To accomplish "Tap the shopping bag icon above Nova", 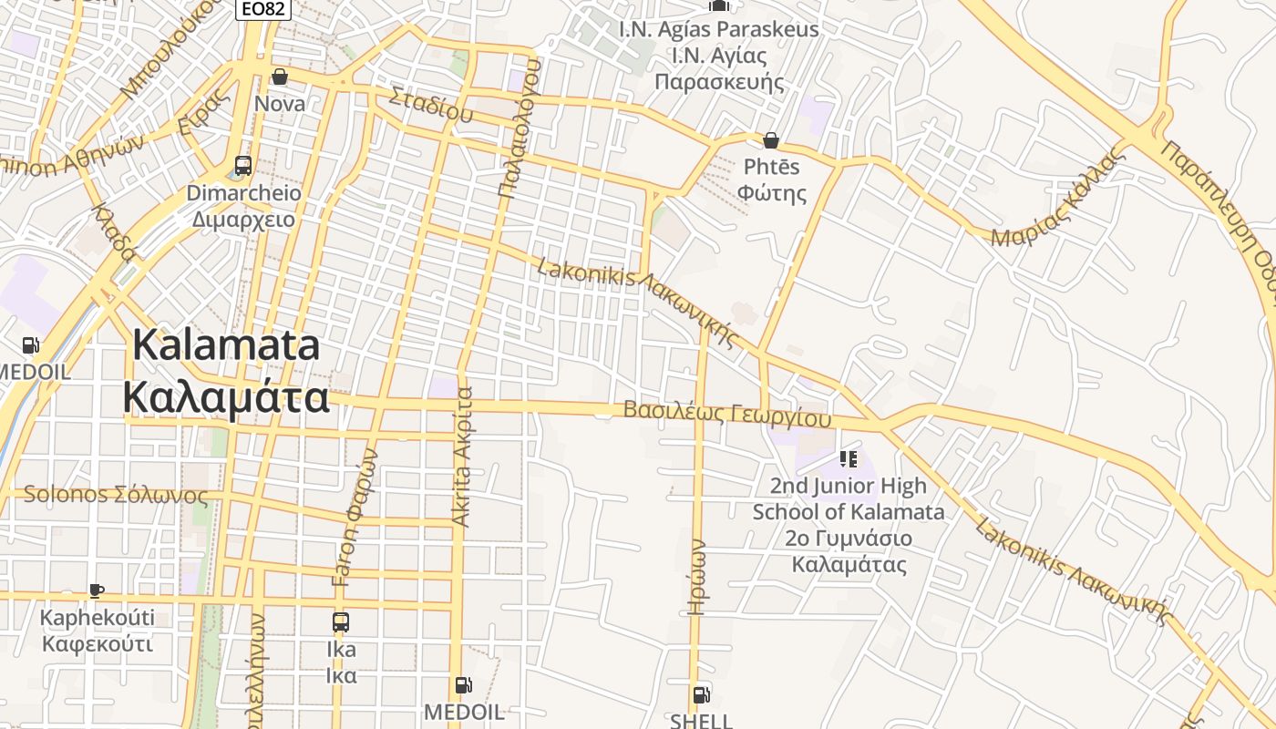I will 280,77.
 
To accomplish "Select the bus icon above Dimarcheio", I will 243,166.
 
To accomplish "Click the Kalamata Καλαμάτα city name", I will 226,371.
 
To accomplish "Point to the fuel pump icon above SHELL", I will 701,695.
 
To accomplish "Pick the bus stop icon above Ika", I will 341,623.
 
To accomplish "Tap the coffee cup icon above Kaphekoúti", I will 97,591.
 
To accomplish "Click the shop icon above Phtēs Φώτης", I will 771,140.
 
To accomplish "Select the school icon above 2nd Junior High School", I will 849,458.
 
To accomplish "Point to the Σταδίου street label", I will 431,104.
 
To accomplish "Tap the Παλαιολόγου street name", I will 520,128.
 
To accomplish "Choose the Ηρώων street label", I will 697,577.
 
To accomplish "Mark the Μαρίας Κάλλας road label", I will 1058,199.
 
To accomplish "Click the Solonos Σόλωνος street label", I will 116,496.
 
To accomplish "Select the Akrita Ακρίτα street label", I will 463,456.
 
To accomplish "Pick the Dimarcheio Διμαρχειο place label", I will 243,206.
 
